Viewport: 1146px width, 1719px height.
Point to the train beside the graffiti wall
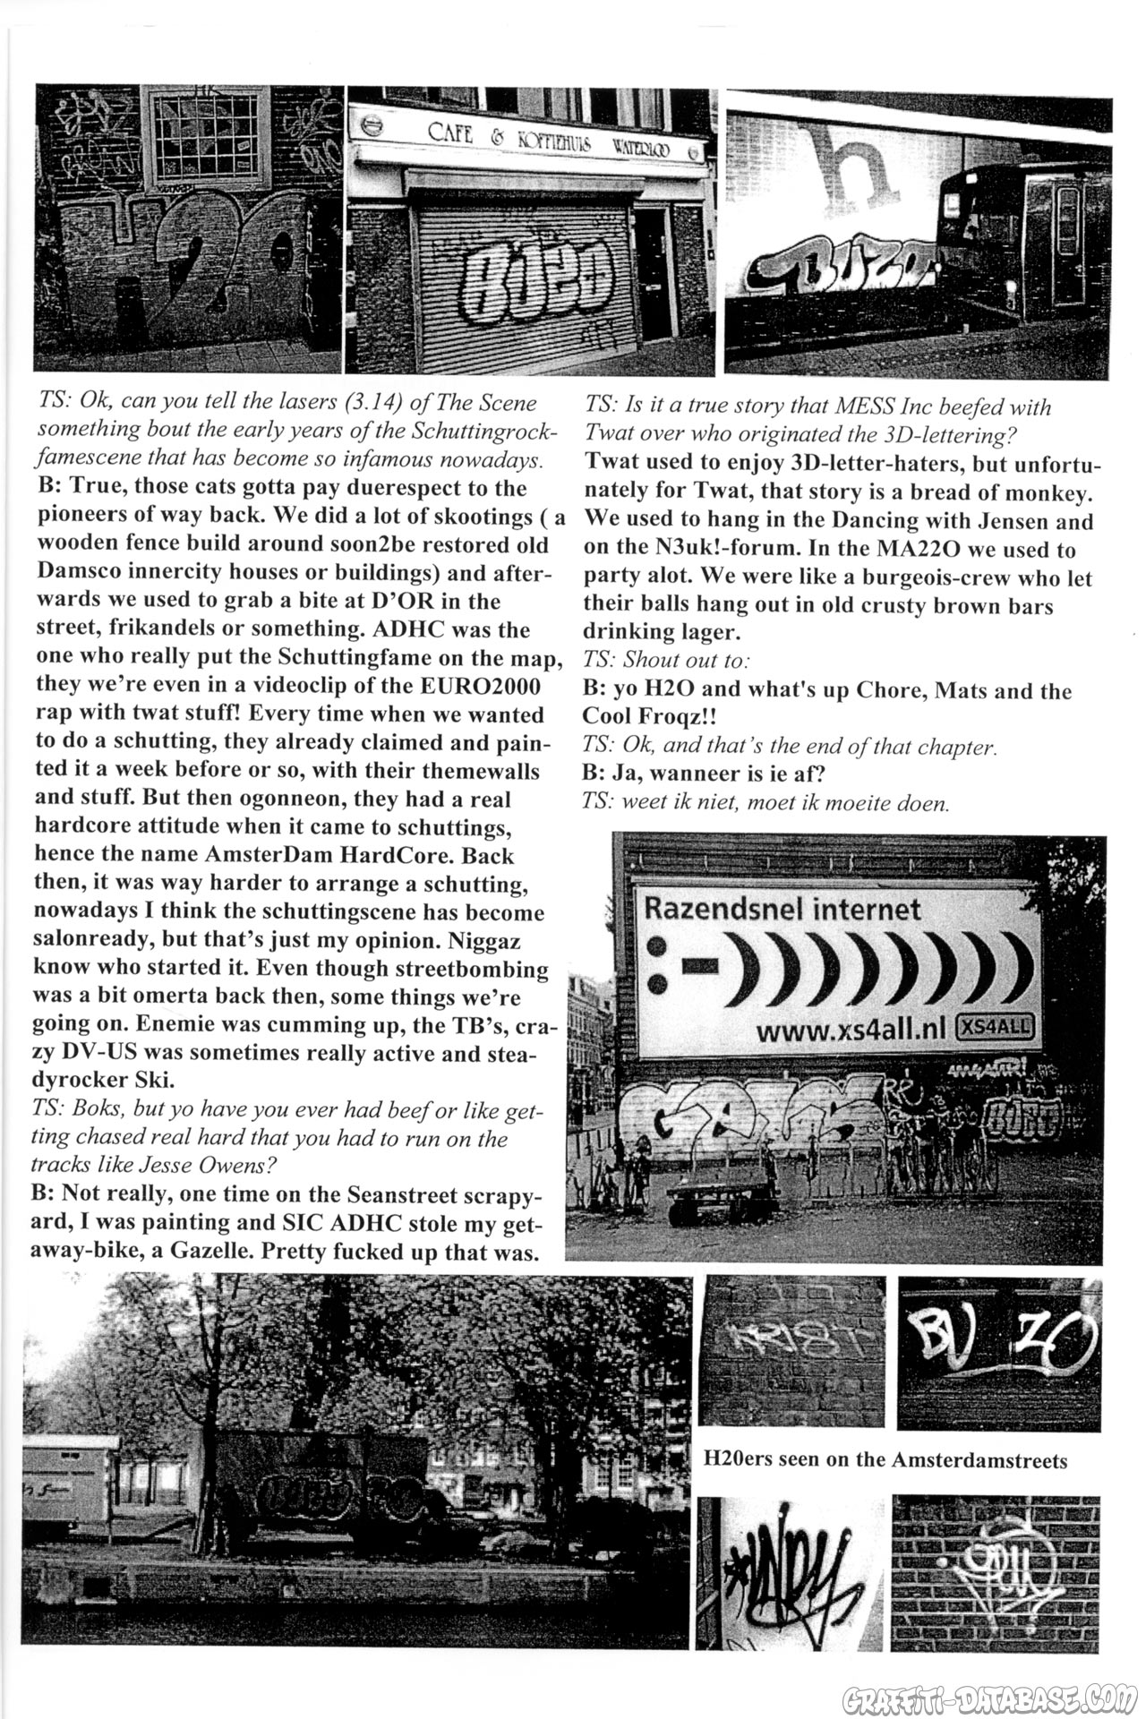click(1021, 242)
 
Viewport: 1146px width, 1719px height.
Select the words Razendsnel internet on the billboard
click(782, 910)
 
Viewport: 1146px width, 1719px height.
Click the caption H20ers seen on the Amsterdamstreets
click(885, 1460)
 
